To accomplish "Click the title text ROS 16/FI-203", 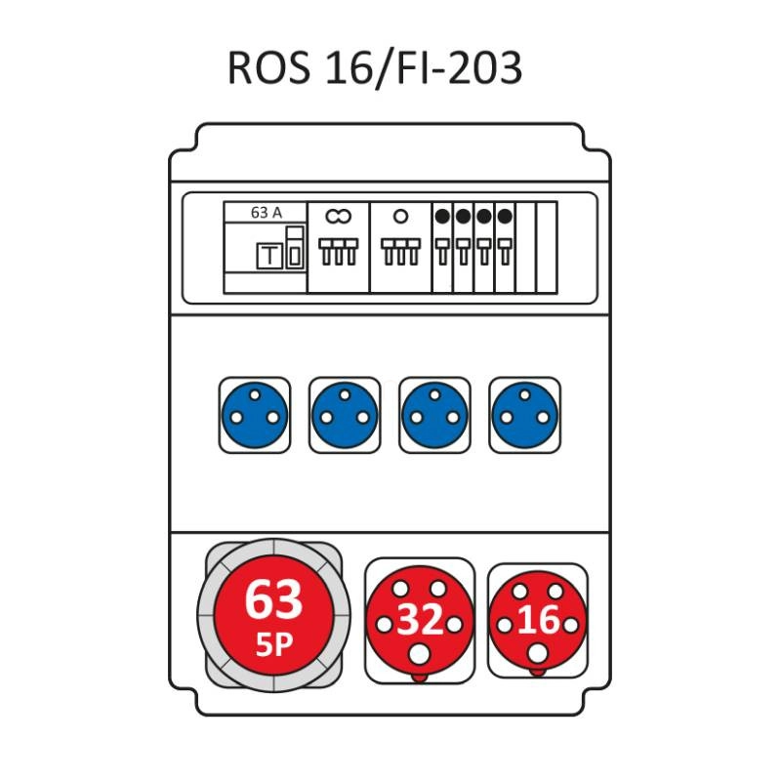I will click(375, 68).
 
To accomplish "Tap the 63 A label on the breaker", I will click(267, 212).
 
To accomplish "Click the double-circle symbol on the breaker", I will click(338, 215).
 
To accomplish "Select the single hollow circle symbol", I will click(400, 215).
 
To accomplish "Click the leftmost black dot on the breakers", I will click(442, 216).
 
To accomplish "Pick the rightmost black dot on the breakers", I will click(504, 216).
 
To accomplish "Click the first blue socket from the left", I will click(254, 415).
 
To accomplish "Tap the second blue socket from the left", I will click(345, 415).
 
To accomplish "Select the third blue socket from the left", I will click(434, 415).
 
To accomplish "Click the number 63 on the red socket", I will click(272, 599).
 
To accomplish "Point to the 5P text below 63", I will click(272, 644).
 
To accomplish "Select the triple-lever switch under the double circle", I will click(338, 252).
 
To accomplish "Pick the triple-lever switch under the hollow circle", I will click(400, 252).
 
